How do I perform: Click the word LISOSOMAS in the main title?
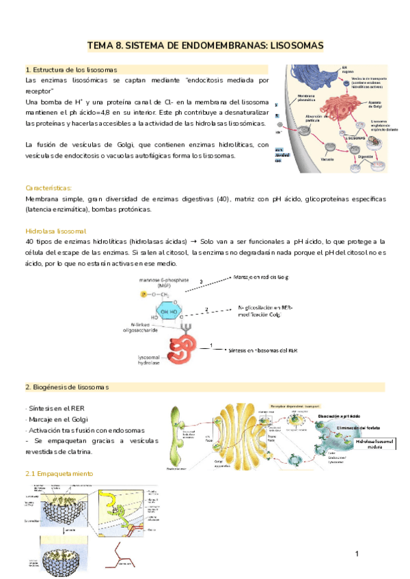(287, 46)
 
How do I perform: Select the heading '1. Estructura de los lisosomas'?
(71, 70)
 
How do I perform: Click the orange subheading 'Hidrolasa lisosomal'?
(55, 231)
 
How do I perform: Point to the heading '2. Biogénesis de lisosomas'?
(67, 388)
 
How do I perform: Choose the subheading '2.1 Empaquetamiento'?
(59, 473)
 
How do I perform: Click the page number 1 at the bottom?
(357, 552)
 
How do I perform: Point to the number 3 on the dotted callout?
(200, 281)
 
